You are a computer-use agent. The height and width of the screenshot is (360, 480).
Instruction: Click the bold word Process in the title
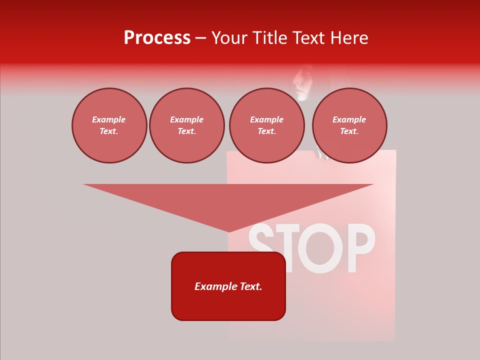click(x=157, y=38)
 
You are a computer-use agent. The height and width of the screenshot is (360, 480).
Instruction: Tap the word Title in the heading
click(x=271, y=38)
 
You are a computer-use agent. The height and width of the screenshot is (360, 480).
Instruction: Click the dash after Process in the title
click(x=200, y=38)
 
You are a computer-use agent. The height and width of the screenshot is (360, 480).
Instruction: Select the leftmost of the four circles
click(x=109, y=125)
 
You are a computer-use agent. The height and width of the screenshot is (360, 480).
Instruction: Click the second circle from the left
click(x=186, y=125)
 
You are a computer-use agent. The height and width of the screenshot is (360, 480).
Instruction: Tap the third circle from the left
click(x=266, y=125)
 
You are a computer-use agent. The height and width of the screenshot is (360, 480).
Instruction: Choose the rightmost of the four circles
click(x=349, y=125)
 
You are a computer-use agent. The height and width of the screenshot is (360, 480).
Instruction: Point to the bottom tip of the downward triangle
click(x=229, y=230)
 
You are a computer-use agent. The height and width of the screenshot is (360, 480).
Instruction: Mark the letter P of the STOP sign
click(x=360, y=247)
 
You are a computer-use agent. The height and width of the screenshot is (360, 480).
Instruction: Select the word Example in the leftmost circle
click(x=109, y=119)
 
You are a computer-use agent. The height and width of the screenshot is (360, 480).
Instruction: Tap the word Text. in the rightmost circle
click(x=349, y=131)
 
